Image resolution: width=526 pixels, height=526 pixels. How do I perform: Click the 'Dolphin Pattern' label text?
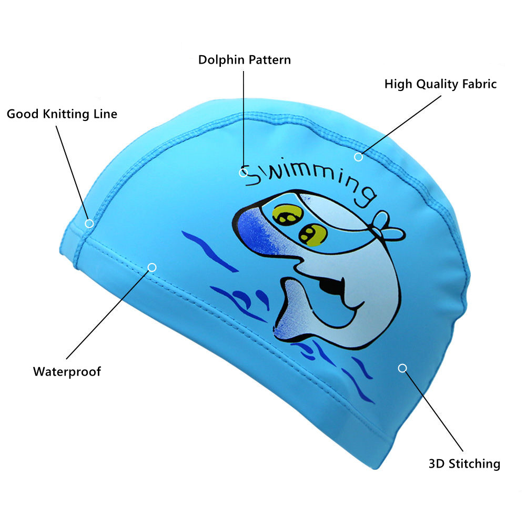[244, 59]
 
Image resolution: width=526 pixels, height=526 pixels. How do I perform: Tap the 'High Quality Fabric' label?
[440, 84]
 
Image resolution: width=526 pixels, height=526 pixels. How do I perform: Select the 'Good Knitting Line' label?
[62, 114]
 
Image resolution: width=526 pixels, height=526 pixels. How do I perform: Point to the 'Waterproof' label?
[67, 371]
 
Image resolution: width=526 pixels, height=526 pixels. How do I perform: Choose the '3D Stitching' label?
[464, 463]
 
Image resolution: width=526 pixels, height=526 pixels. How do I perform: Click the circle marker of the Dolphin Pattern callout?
[244, 172]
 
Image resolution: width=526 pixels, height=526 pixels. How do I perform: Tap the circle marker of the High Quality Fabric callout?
[358, 156]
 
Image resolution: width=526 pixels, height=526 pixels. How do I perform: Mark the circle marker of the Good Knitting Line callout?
[89, 223]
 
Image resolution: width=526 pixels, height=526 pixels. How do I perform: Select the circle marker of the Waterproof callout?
[152, 267]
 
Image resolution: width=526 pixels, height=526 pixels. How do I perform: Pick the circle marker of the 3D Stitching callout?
[402, 368]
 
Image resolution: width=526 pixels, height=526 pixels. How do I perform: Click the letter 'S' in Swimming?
[256, 176]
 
